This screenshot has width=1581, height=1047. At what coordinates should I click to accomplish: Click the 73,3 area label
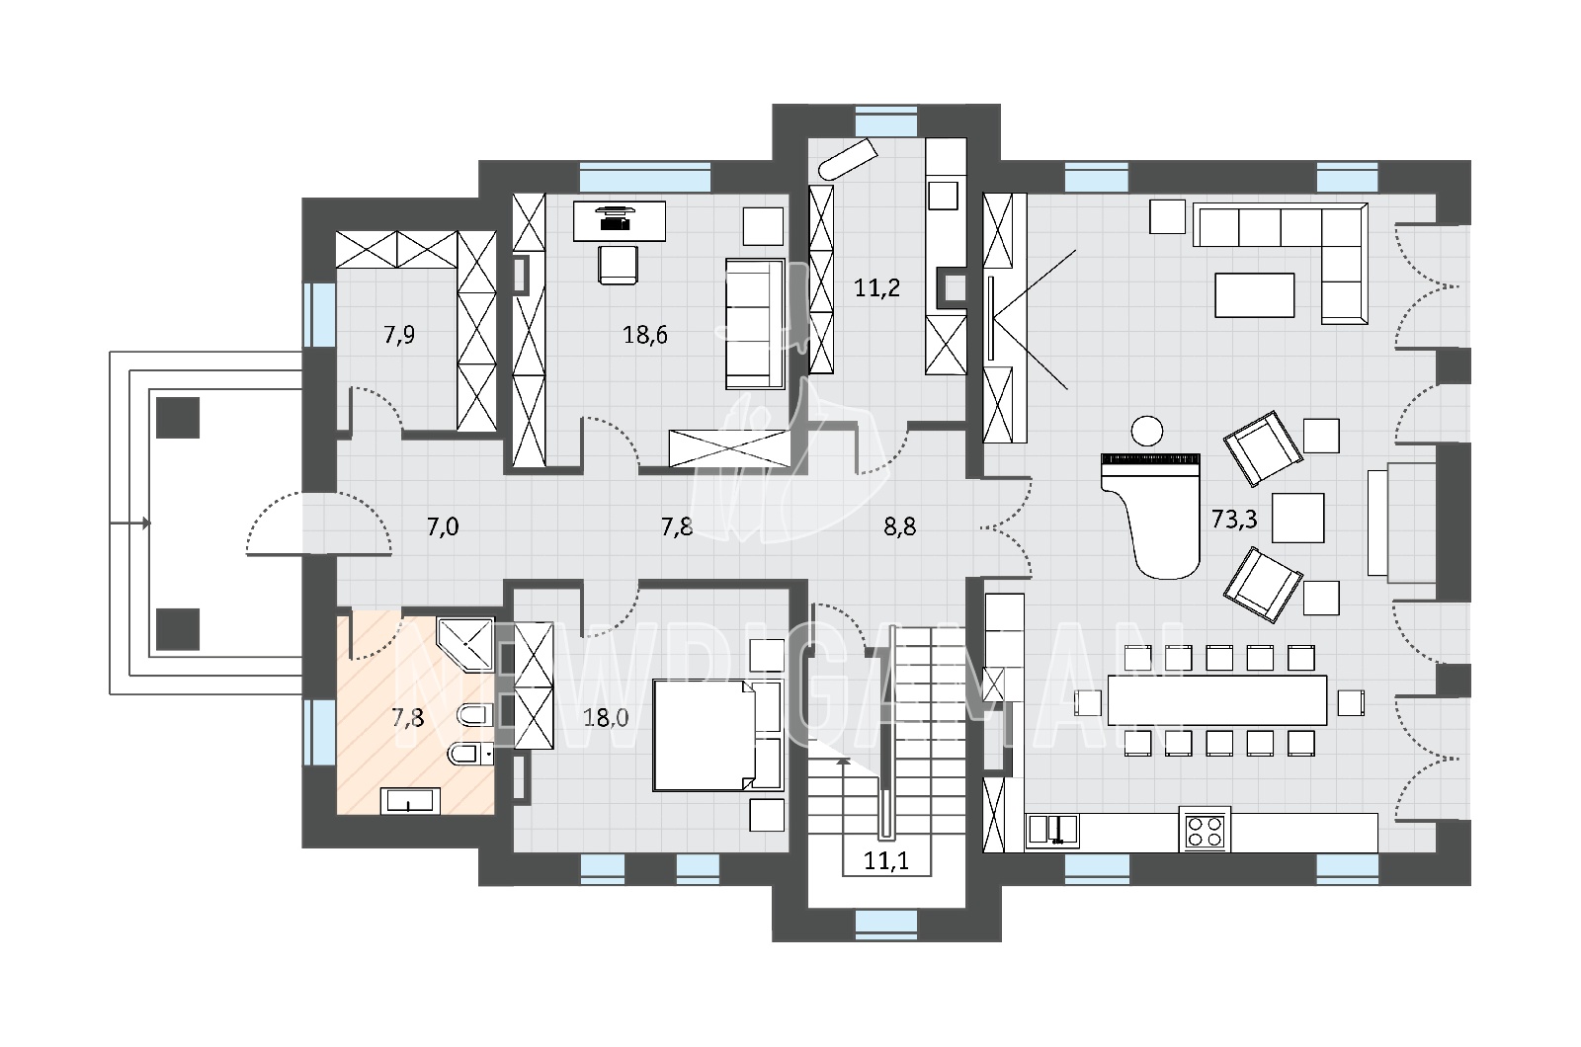pos(1234,520)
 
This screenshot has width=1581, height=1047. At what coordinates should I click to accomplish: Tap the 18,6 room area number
pos(645,335)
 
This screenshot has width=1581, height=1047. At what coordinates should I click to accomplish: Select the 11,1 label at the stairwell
pos(887,860)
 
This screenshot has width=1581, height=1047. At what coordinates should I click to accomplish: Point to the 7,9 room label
pos(399,335)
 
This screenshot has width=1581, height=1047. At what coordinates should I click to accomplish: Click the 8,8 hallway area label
pos(900,526)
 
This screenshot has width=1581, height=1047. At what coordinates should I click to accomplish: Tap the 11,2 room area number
pos(876,287)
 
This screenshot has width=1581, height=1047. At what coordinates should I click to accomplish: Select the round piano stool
pos(1146,431)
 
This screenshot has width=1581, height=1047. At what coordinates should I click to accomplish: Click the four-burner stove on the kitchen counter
pos(1205,830)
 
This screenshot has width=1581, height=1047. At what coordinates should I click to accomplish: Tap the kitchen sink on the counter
pos(1051,830)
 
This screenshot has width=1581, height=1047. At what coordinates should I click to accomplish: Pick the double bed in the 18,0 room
pos(717,735)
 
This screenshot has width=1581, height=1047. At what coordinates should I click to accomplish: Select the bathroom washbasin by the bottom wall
pos(410,801)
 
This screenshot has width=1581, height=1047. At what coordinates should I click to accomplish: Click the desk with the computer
pos(619,221)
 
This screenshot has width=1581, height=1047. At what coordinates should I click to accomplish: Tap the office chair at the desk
pos(618,265)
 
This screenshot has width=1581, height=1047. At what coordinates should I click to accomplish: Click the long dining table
pos(1216,700)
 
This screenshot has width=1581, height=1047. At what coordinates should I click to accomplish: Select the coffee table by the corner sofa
pos(1254,295)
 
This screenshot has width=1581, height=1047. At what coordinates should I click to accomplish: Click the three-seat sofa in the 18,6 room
pos(755,324)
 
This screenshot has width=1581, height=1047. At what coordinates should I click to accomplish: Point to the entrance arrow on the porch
pos(129,523)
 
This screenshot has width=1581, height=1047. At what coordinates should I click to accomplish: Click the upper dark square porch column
pos(178,418)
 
